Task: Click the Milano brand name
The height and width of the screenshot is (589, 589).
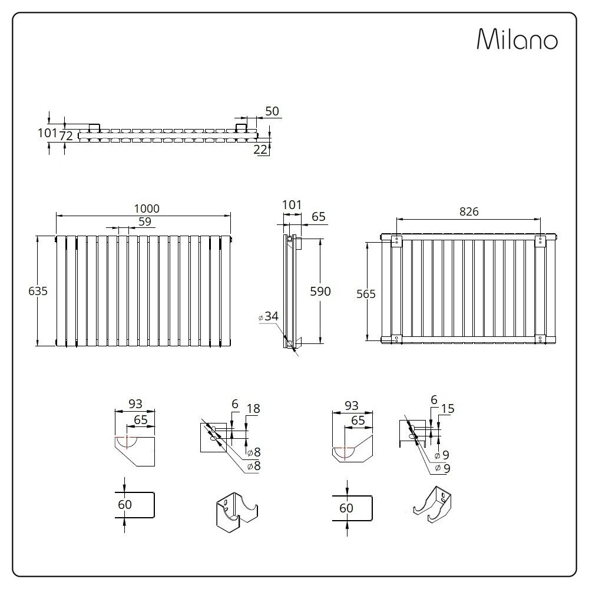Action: [x=516, y=39]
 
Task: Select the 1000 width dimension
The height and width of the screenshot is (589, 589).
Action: [x=147, y=209]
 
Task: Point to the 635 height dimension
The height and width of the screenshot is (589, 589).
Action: [x=38, y=290]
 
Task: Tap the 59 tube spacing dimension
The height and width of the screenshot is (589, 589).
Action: [x=145, y=221]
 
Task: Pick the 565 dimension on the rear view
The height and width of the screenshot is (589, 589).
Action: [x=366, y=294]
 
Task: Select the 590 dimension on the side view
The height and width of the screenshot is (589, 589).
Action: [x=321, y=291]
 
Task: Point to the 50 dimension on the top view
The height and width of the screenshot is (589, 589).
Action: [x=272, y=111]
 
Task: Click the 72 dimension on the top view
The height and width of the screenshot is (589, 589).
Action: [x=67, y=136]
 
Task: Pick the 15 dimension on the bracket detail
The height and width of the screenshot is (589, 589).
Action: [x=447, y=409]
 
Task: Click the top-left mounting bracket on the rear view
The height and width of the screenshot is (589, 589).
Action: [x=396, y=240]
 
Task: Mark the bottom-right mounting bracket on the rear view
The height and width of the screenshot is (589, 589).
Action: [x=541, y=339]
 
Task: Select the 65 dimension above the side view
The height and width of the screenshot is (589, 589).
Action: [x=318, y=217]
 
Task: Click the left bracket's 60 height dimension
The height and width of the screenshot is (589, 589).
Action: [x=125, y=504]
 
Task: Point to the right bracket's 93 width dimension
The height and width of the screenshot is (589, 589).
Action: [x=352, y=405]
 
